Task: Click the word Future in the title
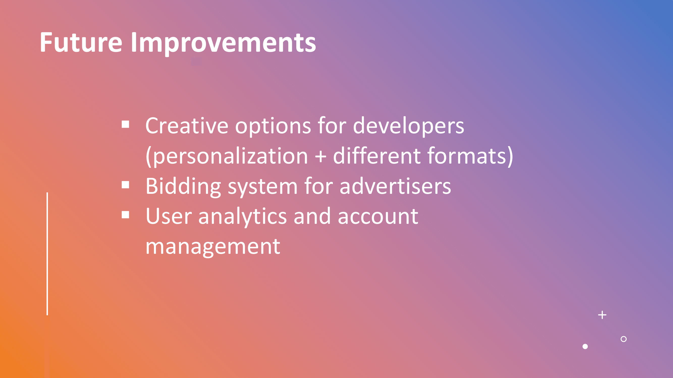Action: point(81,42)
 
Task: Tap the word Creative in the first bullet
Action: point(187,126)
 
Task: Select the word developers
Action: point(409,127)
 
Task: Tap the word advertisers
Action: point(395,186)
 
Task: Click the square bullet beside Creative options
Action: point(125,124)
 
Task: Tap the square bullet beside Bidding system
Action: point(125,185)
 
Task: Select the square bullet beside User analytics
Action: point(125,215)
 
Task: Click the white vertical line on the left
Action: point(47,254)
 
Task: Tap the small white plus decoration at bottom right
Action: point(602,315)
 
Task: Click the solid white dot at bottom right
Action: point(585,346)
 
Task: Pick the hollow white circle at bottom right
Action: point(624,339)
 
